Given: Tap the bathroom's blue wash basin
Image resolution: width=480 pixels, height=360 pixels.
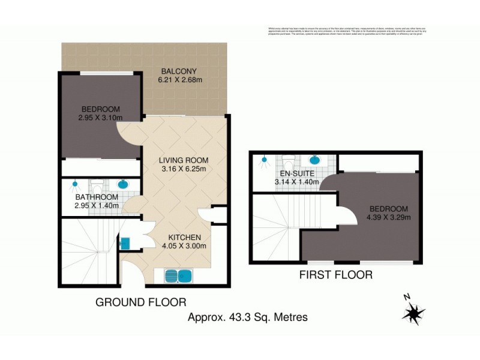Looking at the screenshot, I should pyautogui.click(x=122, y=184).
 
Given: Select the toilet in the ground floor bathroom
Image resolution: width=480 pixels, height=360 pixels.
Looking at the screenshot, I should pyautogui.click(x=98, y=185).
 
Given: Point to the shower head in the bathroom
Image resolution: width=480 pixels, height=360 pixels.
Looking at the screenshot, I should pyautogui.click(x=76, y=184).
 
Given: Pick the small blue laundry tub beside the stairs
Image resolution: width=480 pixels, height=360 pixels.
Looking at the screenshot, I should pyautogui.click(x=125, y=243).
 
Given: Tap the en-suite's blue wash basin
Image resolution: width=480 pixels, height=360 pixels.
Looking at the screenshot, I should pyautogui.click(x=314, y=160).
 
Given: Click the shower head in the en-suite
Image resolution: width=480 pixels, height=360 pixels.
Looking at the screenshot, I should pyautogui.click(x=263, y=160).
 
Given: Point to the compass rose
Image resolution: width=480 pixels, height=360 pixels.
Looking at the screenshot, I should pyautogui.click(x=413, y=313).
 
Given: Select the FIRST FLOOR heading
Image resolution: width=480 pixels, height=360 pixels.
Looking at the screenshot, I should pyautogui.click(x=337, y=275).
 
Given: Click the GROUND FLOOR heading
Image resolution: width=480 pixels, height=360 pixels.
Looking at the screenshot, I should pyautogui.click(x=141, y=302).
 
